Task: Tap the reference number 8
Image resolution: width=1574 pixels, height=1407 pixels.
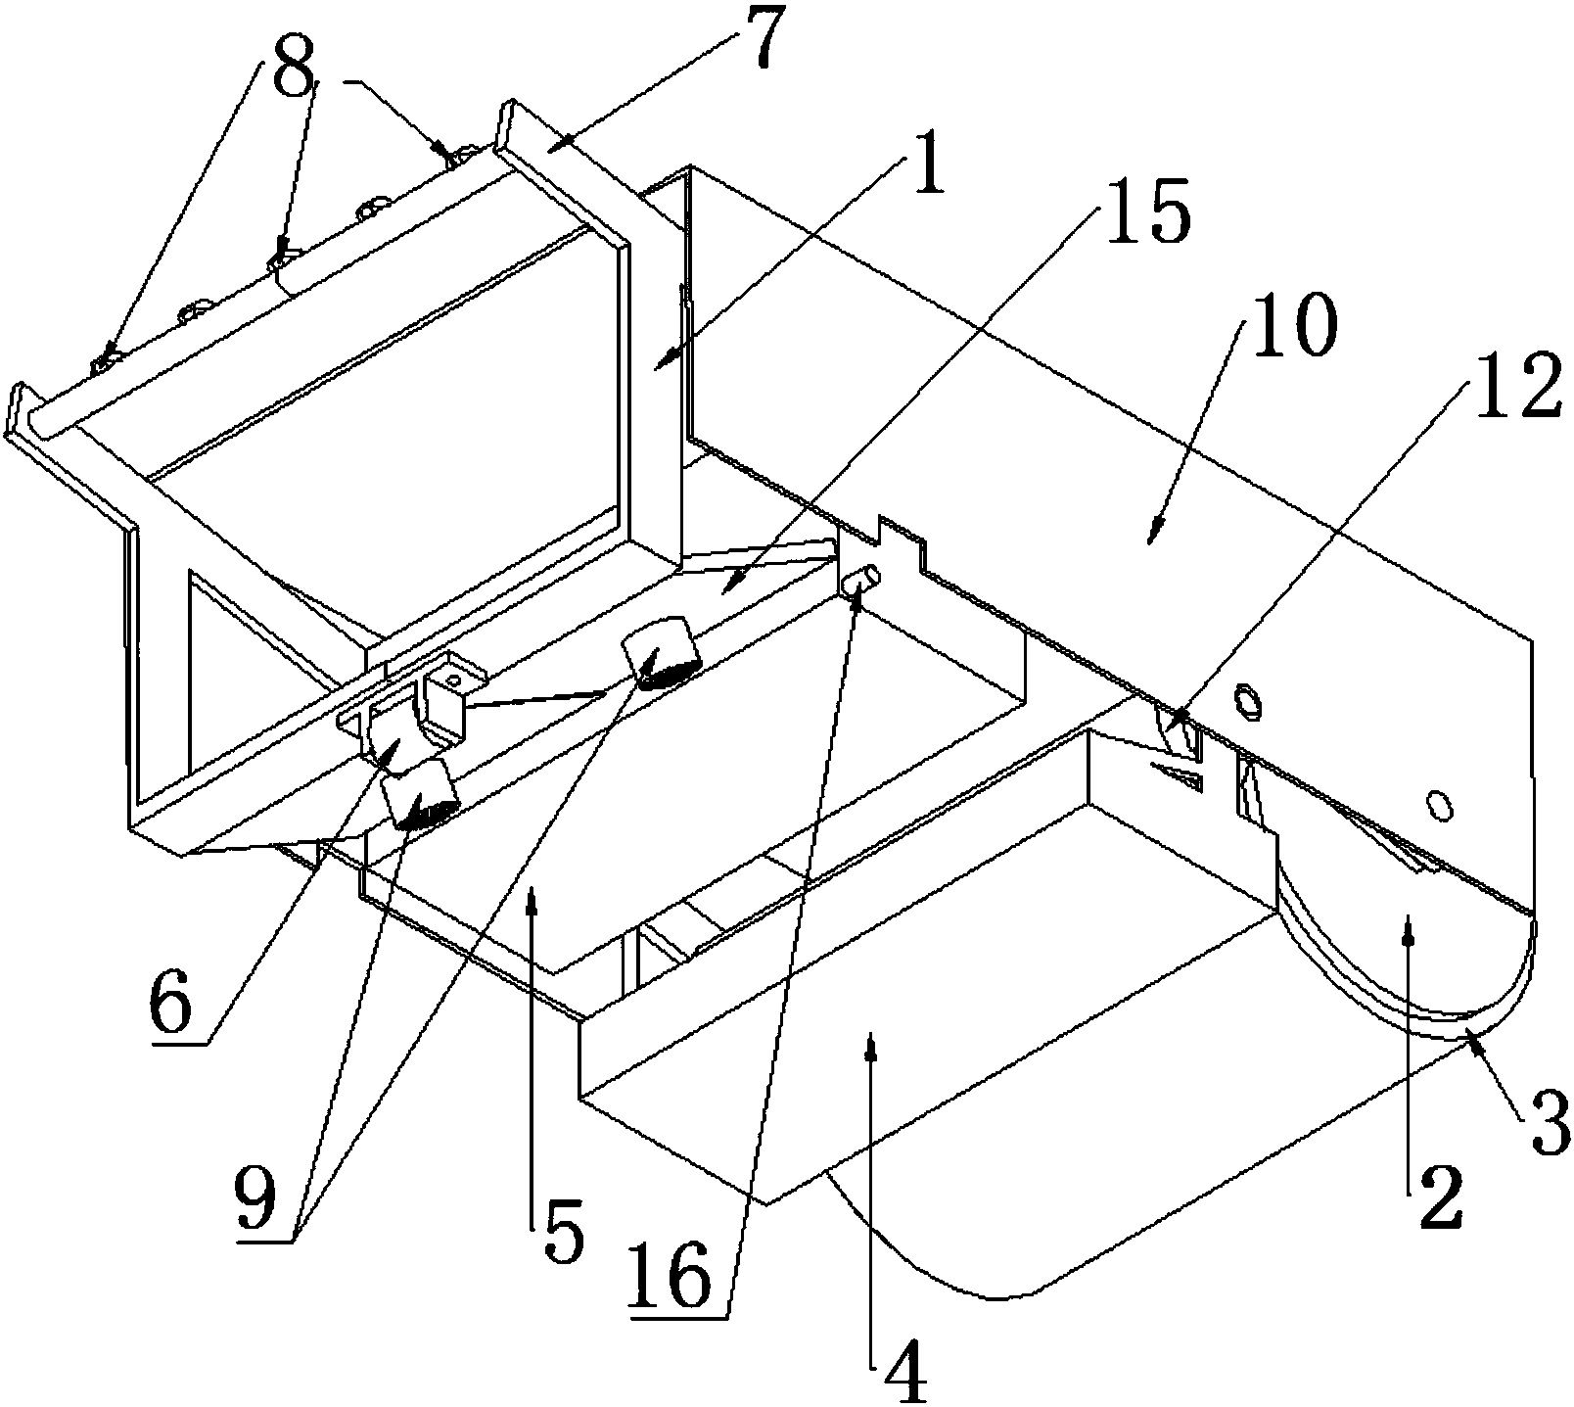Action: pos(296,75)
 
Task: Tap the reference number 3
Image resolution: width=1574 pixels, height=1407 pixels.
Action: pos(1546,1124)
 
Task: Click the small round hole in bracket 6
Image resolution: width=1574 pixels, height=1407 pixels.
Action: pos(453,680)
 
